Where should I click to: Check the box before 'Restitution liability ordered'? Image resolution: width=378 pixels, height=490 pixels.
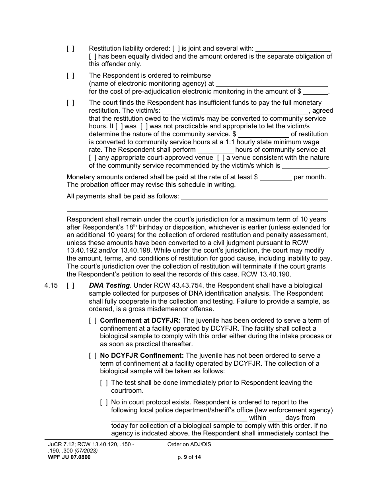tap(70, 49)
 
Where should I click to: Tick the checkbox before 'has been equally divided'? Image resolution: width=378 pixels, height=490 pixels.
tap(92, 57)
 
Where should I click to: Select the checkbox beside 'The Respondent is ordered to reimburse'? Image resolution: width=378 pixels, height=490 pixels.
tap(70, 76)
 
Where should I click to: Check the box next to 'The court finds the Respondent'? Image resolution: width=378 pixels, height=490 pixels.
tap(70, 103)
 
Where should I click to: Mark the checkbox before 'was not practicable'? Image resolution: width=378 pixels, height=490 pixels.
tap(144, 126)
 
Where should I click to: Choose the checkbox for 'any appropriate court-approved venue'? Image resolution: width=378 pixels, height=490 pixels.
tap(92, 158)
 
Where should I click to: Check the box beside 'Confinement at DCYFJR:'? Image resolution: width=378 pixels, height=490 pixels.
tap(92, 321)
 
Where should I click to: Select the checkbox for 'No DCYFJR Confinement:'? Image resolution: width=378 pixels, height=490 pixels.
tap(92, 356)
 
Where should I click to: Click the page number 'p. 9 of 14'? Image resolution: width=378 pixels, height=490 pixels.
tap(189, 457)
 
